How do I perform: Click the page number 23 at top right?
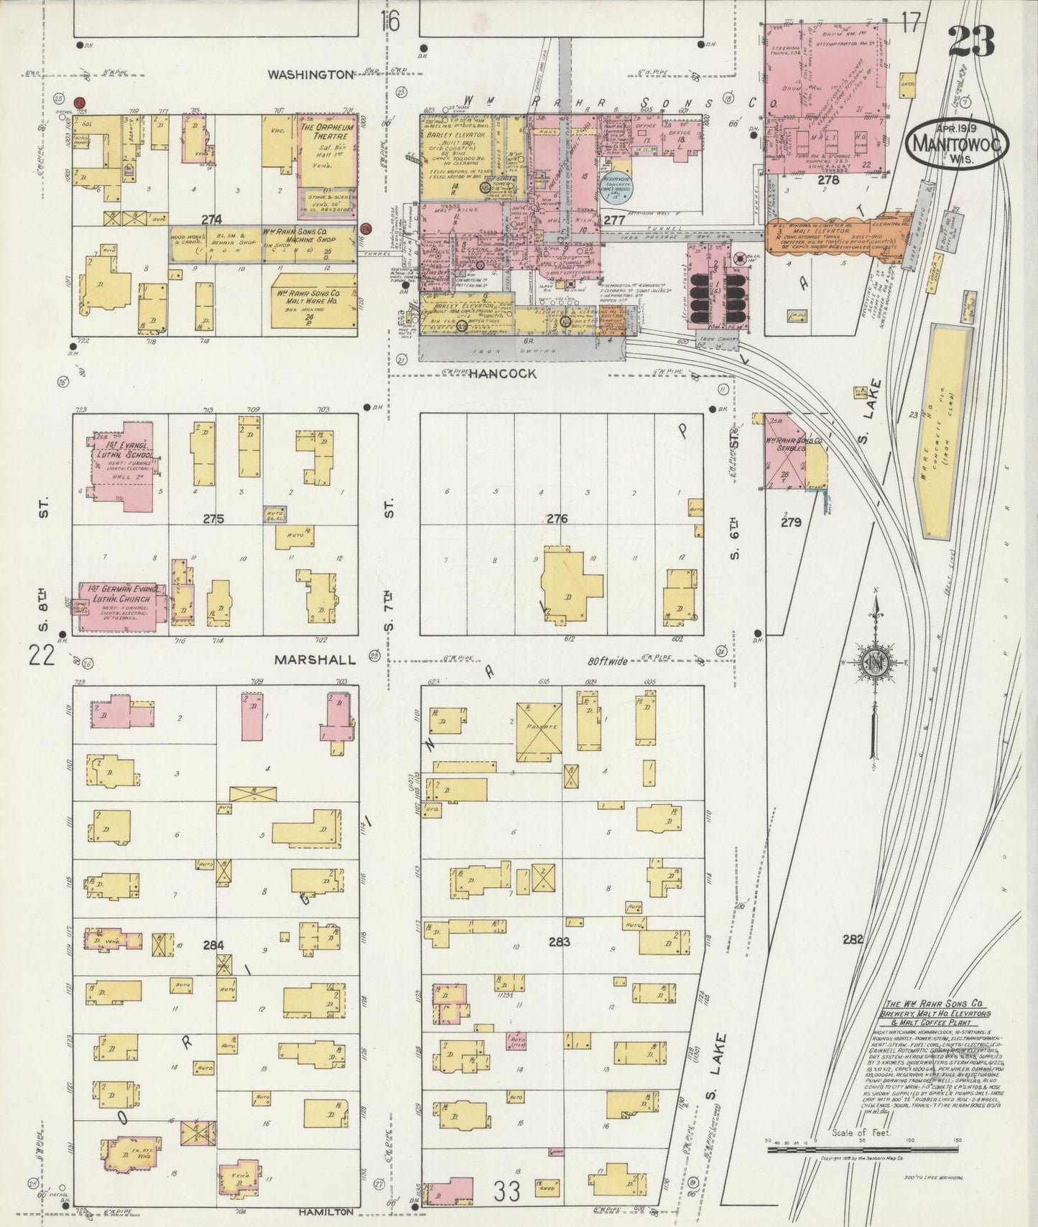(x=971, y=41)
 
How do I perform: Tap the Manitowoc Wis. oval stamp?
(x=958, y=143)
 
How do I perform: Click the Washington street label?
(x=311, y=74)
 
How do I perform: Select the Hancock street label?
(x=504, y=373)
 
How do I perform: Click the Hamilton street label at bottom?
(x=326, y=1210)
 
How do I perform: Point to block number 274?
(x=210, y=220)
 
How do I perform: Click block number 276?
(x=557, y=518)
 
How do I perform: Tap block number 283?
(x=559, y=941)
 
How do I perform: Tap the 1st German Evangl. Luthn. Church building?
(x=120, y=607)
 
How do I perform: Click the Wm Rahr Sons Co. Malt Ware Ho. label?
(x=314, y=299)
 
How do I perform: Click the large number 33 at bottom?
(x=506, y=1192)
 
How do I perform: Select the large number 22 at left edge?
(x=42, y=656)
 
